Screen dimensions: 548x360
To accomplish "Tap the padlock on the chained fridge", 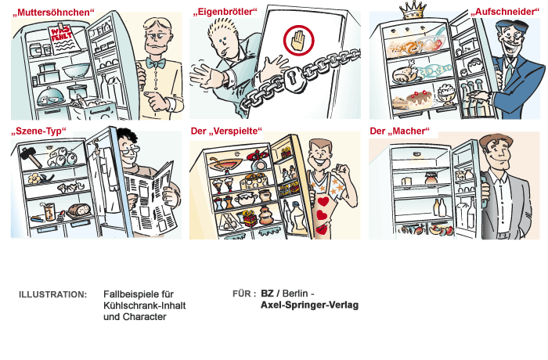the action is (294, 80).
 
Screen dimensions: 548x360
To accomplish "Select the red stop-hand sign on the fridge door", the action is (298, 41).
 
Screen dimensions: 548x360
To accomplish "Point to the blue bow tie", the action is (156, 63).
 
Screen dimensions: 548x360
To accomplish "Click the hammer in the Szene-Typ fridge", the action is (31, 157).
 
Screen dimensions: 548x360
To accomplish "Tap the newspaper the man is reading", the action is (150, 196).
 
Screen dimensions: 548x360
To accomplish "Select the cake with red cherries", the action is (417, 99).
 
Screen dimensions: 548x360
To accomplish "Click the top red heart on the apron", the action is (323, 202).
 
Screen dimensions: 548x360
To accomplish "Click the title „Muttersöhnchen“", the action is (53, 13).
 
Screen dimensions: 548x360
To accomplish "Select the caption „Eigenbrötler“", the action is (225, 12).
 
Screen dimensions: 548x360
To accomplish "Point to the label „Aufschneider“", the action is (505, 12).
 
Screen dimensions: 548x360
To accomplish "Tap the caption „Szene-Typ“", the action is (38, 131).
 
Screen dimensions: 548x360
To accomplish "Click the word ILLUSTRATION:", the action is (52, 294).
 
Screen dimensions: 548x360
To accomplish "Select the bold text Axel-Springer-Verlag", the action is (310, 305).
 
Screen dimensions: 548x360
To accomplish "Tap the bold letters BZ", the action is (267, 293).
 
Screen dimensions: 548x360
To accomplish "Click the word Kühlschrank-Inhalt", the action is (144, 305).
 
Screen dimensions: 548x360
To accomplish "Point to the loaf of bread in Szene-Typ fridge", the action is (79, 210).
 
